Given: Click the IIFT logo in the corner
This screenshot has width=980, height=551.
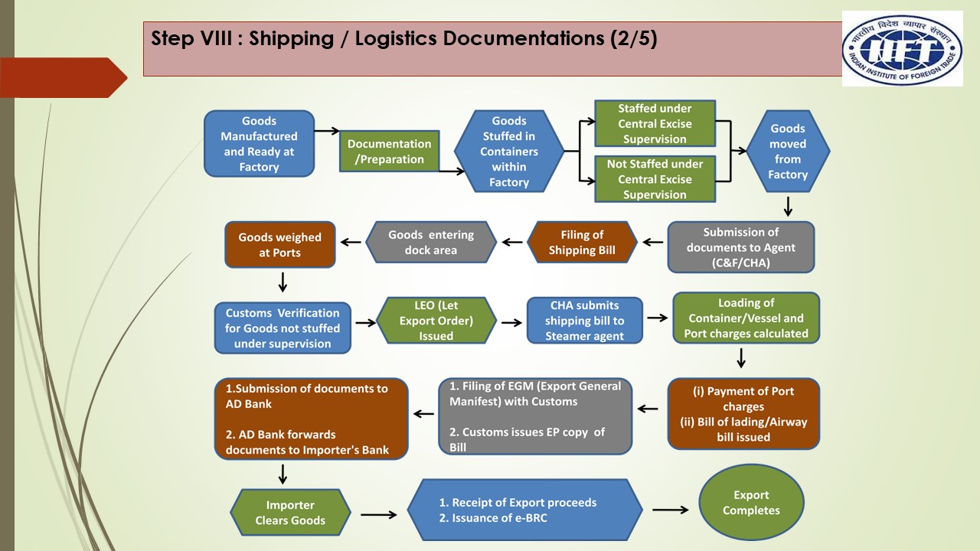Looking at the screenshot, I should point(903,48).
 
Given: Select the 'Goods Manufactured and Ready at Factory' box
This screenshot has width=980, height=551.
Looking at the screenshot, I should point(259,144).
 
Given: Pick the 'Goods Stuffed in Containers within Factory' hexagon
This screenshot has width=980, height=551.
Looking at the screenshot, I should point(509,152).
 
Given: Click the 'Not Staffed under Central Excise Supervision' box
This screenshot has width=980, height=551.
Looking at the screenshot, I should point(655,179).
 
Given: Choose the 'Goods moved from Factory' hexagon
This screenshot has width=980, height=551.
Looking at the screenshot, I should point(787,152).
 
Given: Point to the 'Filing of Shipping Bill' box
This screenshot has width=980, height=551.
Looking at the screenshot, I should point(582,243).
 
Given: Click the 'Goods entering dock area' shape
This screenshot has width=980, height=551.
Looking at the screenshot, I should point(431,243).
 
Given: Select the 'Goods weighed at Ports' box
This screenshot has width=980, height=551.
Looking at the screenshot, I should point(280,245).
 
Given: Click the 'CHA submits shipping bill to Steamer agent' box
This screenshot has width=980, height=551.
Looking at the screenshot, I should point(584,321).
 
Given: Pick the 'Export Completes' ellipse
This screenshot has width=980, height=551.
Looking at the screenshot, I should point(750,503).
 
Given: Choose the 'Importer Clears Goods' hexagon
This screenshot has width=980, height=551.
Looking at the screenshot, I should point(290,513).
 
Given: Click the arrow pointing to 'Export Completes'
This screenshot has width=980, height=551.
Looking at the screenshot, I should point(670,509).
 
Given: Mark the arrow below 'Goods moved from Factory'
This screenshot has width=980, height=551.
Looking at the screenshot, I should point(788,207).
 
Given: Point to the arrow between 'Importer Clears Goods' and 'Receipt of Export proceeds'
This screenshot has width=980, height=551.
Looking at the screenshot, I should point(378,514).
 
